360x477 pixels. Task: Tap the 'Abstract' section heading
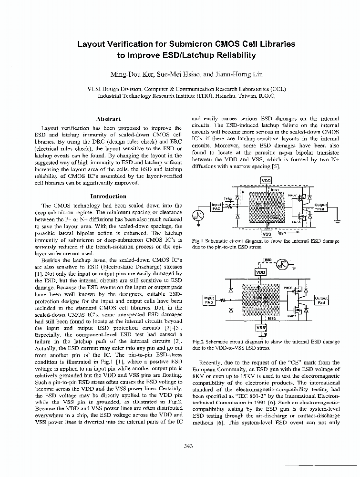tap(108, 119)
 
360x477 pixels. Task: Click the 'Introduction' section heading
tap(108, 196)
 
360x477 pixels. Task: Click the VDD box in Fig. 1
tap(266, 181)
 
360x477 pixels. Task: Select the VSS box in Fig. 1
tap(267, 234)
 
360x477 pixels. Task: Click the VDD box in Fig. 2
tap(261, 272)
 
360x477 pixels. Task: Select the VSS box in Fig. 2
tap(261, 328)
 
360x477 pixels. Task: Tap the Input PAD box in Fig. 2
tap(209, 300)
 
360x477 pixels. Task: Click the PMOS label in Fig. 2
tap(288, 288)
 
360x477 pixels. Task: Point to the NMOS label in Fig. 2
tap(291, 315)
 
